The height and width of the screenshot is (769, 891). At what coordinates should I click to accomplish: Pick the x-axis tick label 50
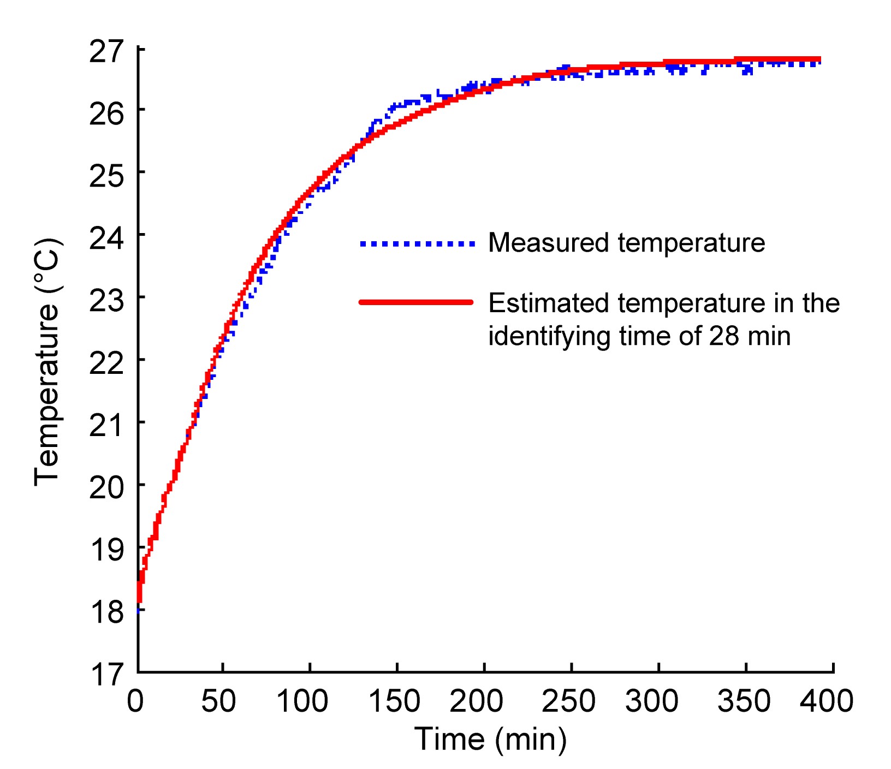(x=218, y=701)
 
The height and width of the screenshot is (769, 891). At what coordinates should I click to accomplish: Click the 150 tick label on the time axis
(x=394, y=701)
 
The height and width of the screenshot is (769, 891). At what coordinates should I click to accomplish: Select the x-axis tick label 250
(x=568, y=701)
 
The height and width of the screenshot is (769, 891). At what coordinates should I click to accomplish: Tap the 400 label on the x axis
(x=826, y=701)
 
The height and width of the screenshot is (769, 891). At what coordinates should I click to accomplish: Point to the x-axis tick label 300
(x=652, y=701)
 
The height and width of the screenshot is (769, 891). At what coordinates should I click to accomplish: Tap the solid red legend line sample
(x=416, y=302)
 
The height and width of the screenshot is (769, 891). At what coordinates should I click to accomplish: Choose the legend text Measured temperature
(x=626, y=243)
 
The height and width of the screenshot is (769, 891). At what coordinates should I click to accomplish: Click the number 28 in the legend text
(x=724, y=336)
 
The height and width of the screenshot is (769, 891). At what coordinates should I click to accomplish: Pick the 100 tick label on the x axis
(x=302, y=701)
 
